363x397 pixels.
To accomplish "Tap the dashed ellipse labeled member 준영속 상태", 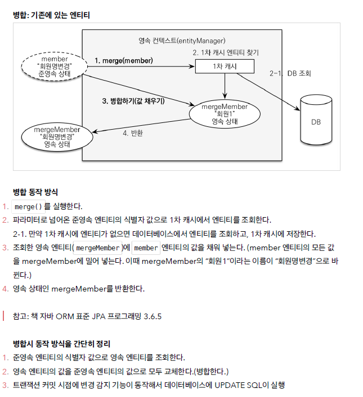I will coord(55,66).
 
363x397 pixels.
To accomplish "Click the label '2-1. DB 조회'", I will coord(290,73).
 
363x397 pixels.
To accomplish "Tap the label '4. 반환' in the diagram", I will coord(133,133).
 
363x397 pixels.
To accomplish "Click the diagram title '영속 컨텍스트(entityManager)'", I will coord(182,41).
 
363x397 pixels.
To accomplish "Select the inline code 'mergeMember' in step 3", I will coord(97,248).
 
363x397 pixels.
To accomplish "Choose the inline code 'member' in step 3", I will coord(146,248).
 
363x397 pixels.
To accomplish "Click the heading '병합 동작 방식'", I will coord(35,192).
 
